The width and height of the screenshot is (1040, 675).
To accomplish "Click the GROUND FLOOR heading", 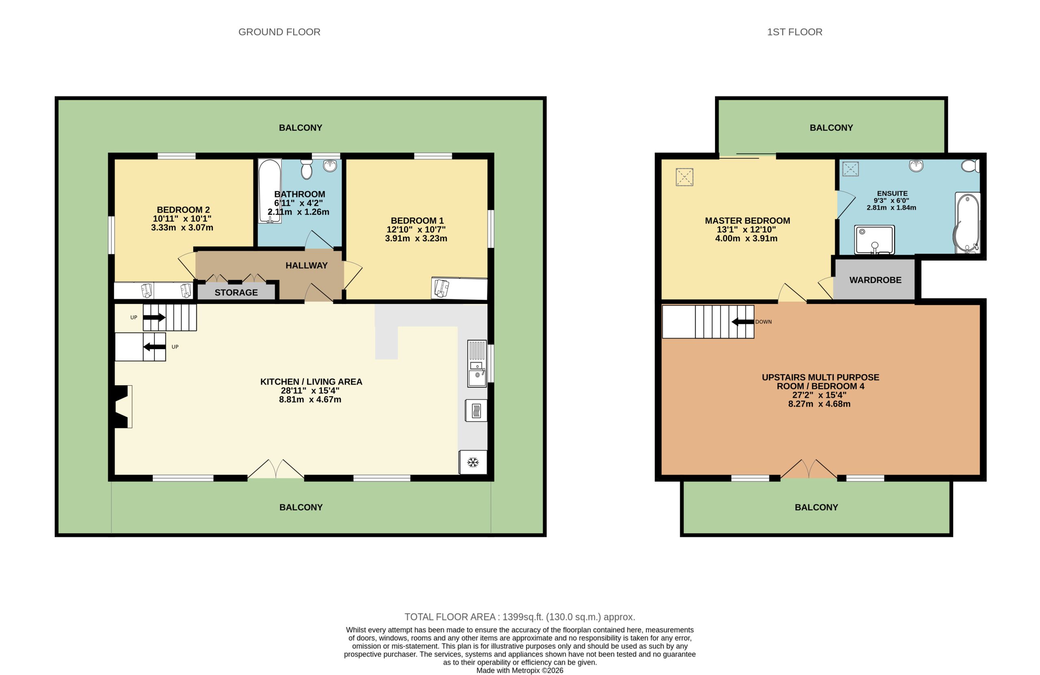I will coord(279,32).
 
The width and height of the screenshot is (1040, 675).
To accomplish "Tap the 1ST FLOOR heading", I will coord(794,32).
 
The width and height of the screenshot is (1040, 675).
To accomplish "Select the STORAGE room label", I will coord(236,293).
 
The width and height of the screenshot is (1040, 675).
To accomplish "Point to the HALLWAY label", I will coord(306,265).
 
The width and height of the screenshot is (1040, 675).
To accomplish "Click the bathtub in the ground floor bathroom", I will coord(270,191).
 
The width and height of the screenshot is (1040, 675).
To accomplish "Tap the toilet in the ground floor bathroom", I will coord(307,169).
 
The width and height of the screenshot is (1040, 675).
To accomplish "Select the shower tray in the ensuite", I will coord(874,240).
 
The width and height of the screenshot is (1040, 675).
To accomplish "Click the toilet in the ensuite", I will coord(970,166).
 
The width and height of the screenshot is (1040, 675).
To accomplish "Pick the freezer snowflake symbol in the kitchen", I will coord(473,462).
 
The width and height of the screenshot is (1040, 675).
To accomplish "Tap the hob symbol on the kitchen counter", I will coord(476,411).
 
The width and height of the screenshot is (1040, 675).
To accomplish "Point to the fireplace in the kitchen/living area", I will coord(122,406).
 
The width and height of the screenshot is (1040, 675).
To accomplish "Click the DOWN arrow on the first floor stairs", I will coord(743,322).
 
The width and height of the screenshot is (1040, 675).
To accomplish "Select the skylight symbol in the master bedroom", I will coord(684,177).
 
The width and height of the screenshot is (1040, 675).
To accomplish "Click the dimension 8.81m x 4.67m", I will coord(310,399).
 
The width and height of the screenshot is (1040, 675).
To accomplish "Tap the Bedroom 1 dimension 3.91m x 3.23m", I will coord(416,239).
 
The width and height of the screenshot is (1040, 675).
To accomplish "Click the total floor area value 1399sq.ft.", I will coord(522,617).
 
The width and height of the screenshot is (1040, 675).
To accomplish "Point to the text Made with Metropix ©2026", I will coord(520,670).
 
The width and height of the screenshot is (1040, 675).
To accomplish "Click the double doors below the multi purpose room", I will coord(808,469).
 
